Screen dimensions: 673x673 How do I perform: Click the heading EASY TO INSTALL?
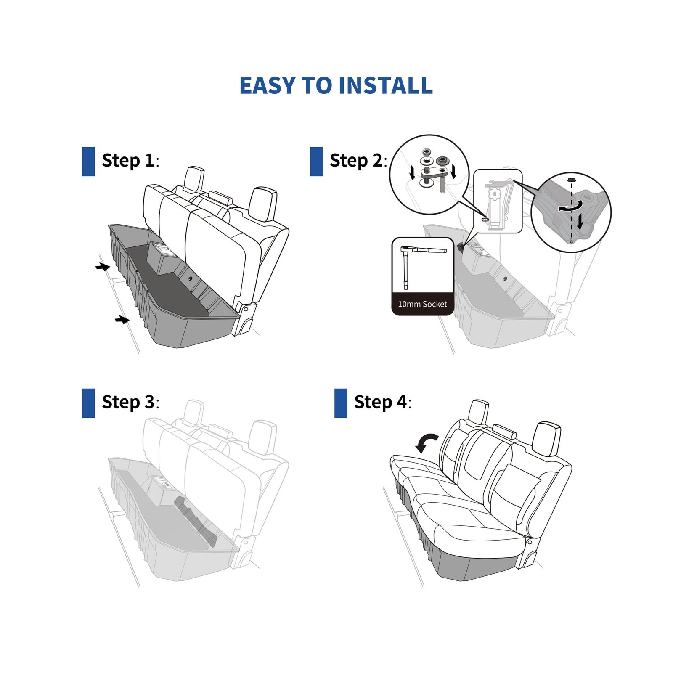click(x=336, y=85)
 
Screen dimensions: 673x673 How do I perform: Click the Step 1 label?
click(x=130, y=161)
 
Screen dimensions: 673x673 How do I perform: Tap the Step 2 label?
click(x=358, y=161)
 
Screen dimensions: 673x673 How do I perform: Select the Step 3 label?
click(x=130, y=402)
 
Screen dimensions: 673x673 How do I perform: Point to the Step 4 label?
click(x=383, y=402)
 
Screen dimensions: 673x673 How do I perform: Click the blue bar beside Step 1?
click(x=88, y=162)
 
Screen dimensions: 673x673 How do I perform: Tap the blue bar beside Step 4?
click(x=341, y=403)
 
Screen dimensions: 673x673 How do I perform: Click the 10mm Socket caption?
click(x=422, y=304)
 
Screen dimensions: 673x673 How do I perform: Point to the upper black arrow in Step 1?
click(x=103, y=267)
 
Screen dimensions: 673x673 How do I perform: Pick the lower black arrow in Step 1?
click(x=122, y=320)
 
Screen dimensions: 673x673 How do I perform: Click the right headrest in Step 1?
click(x=262, y=204)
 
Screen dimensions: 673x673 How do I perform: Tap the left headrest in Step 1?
click(x=194, y=179)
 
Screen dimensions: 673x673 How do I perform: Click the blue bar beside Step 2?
click(x=316, y=162)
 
